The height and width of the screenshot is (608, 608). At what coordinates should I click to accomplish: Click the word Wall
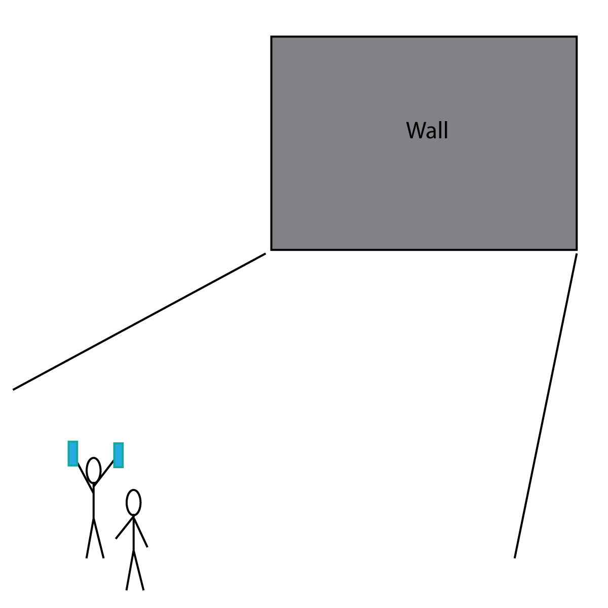click(427, 131)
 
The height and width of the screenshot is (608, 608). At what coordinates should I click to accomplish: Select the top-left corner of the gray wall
click(272, 37)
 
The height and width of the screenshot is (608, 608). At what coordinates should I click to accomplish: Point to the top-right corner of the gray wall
click(577, 37)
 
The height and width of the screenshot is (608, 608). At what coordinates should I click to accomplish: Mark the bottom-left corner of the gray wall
click(272, 249)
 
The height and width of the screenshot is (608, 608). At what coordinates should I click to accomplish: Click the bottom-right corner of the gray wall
click(577, 249)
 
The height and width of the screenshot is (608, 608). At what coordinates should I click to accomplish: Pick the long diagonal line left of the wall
click(139, 321)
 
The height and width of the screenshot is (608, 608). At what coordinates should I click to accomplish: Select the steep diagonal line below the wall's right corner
click(546, 405)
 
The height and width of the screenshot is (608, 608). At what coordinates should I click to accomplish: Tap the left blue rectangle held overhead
click(73, 453)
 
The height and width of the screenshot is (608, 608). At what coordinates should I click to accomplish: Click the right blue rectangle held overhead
click(118, 455)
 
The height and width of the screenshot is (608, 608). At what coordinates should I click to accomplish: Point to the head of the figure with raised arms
click(93, 470)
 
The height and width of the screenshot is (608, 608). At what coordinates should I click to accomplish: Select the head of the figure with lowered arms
click(133, 503)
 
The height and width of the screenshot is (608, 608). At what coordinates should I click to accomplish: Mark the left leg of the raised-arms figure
click(90, 538)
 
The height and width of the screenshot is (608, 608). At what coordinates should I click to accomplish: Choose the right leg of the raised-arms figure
click(99, 538)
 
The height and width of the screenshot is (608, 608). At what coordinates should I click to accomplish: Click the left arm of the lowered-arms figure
click(124, 528)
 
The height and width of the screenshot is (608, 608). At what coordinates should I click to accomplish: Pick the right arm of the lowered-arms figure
click(140, 532)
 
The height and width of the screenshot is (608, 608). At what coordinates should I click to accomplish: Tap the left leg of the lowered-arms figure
click(130, 570)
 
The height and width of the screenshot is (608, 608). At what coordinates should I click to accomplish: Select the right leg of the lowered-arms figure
click(139, 570)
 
